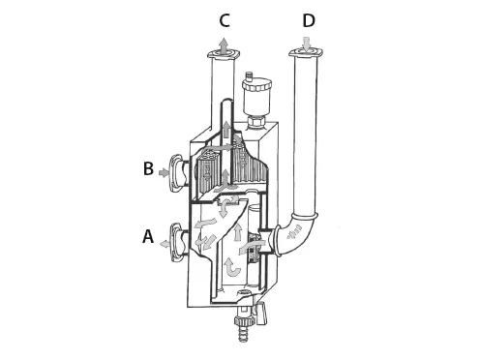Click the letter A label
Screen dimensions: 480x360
tap(148, 236)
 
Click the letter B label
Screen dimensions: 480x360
tap(148, 168)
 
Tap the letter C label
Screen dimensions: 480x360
tap(225, 20)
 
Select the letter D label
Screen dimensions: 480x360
tap(309, 20)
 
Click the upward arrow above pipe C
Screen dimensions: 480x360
tap(224, 45)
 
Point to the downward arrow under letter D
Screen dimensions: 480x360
tap(307, 45)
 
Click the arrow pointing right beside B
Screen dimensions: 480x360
tap(164, 173)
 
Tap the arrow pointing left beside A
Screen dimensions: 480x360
tap(165, 244)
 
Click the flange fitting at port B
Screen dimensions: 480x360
tap(176, 173)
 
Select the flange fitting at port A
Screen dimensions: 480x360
tap(176, 241)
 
